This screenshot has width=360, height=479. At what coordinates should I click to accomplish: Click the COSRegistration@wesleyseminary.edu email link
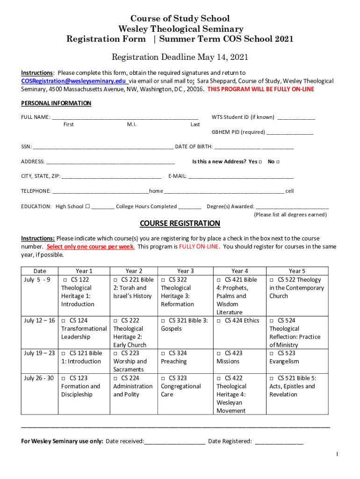[70, 81]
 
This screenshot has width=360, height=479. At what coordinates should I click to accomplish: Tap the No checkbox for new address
[278, 162]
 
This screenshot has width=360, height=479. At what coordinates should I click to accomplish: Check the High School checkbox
[87, 206]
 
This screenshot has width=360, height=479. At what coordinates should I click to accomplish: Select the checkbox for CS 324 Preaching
[164, 354]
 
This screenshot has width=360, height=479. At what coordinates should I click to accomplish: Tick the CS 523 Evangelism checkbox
[272, 354]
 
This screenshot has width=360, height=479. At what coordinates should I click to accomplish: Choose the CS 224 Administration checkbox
[116, 378]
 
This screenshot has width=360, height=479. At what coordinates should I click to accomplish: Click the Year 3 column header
[185, 271]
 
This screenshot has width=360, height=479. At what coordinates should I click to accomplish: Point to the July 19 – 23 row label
[39, 354]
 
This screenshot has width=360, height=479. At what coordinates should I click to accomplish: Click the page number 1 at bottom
[337, 454]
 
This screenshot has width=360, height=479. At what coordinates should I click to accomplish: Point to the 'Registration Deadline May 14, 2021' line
[180, 58]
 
